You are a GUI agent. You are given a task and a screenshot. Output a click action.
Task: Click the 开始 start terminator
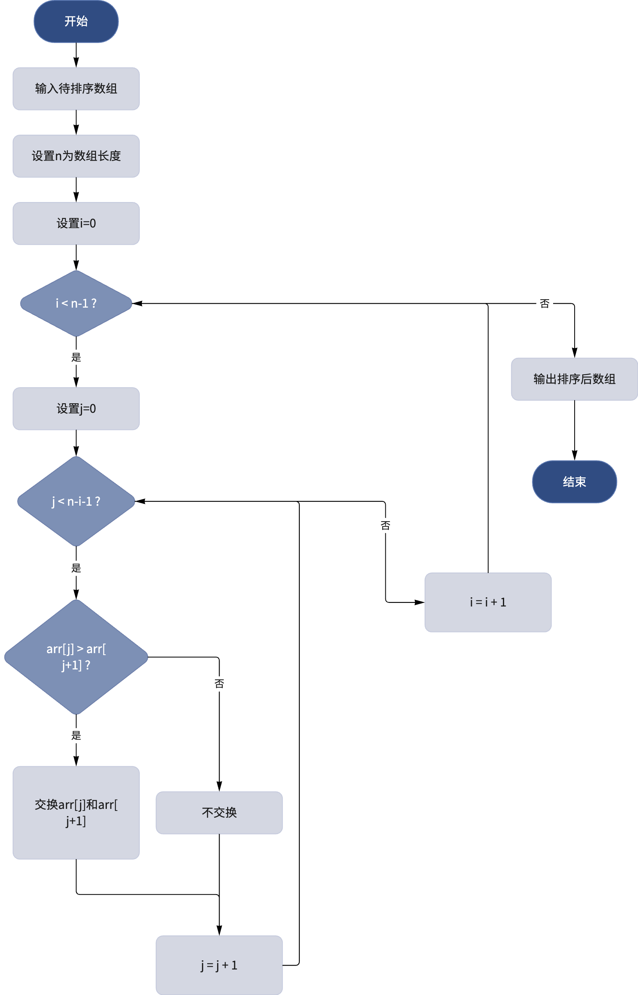(x=76, y=21)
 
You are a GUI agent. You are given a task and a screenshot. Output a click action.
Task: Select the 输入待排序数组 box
(x=76, y=88)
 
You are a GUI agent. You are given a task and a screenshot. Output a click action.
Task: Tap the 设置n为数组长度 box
(x=76, y=156)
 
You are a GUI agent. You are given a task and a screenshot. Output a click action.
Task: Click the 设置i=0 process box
(x=76, y=224)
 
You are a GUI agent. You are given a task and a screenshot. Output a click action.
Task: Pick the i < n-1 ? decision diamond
(x=76, y=303)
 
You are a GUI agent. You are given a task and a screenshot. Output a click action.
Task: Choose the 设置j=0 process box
(x=76, y=409)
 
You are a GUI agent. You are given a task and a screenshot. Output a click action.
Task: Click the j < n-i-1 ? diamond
(x=76, y=501)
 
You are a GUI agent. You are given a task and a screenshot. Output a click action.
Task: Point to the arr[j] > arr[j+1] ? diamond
(x=76, y=657)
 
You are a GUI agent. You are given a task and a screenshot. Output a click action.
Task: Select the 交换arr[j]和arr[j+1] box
(x=76, y=813)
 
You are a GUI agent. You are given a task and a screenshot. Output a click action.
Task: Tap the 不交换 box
(x=219, y=813)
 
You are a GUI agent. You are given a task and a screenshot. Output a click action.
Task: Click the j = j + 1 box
(x=219, y=965)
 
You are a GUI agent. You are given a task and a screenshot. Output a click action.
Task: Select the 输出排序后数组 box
(x=574, y=379)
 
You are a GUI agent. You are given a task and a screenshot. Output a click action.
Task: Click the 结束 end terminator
(x=574, y=482)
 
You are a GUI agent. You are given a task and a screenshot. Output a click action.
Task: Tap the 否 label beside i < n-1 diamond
(x=544, y=304)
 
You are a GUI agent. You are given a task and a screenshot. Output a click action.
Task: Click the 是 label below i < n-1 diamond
(x=76, y=357)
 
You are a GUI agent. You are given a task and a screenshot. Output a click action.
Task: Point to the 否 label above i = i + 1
(x=385, y=526)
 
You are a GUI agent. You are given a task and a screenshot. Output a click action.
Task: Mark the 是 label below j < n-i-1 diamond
(x=76, y=568)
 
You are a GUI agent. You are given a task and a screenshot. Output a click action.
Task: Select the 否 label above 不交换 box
(x=219, y=683)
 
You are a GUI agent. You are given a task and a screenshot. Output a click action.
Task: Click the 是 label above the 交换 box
(x=76, y=736)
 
